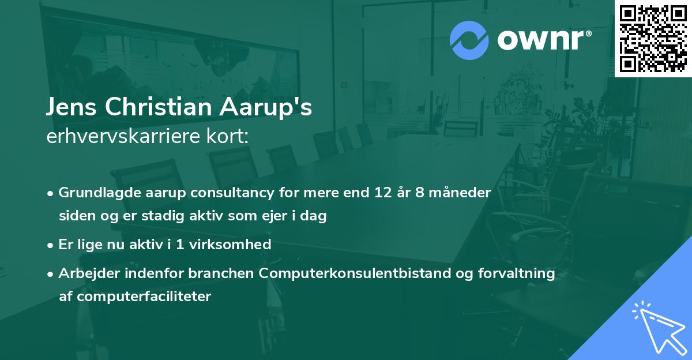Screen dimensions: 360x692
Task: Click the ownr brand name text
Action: [x=544, y=40]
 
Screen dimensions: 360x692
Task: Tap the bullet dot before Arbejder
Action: [x=51, y=274]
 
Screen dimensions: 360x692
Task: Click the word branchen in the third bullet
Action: [x=221, y=273]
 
